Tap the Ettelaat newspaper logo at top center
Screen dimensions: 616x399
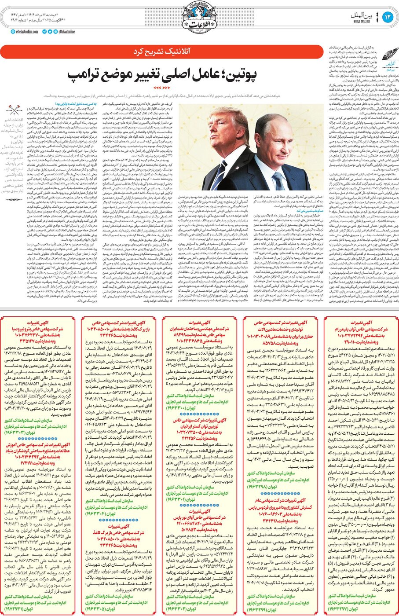tap(199, 19)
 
